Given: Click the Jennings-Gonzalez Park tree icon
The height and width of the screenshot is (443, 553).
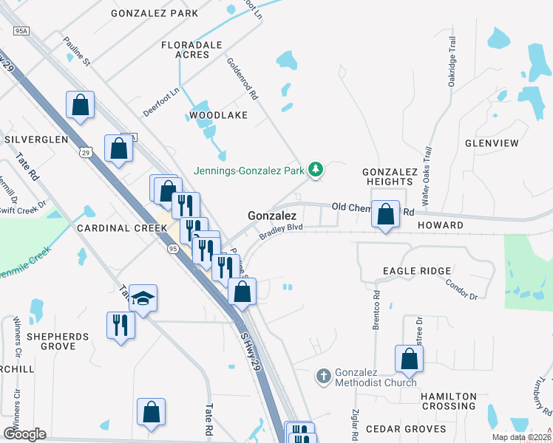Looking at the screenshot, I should [316, 170].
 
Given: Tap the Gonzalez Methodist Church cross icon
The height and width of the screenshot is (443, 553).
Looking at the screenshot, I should [323, 377].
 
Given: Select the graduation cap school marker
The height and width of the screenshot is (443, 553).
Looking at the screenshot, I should [143, 299].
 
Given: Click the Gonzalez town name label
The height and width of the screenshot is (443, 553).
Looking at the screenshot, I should [271, 216].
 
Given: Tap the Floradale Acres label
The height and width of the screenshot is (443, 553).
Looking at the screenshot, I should [192, 50].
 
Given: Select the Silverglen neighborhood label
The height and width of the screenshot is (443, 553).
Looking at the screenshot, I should [36, 139].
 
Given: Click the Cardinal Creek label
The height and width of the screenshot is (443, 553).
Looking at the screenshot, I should [122, 228].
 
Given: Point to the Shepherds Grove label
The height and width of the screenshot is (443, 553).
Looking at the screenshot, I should [58, 341].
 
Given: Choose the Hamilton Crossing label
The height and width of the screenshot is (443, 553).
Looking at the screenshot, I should [449, 401].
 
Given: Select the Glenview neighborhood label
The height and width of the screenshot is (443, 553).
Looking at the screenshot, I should [492, 142].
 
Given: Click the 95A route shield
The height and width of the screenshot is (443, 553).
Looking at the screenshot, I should [21, 31].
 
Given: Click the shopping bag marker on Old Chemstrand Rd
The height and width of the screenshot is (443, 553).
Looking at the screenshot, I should [385, 215].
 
